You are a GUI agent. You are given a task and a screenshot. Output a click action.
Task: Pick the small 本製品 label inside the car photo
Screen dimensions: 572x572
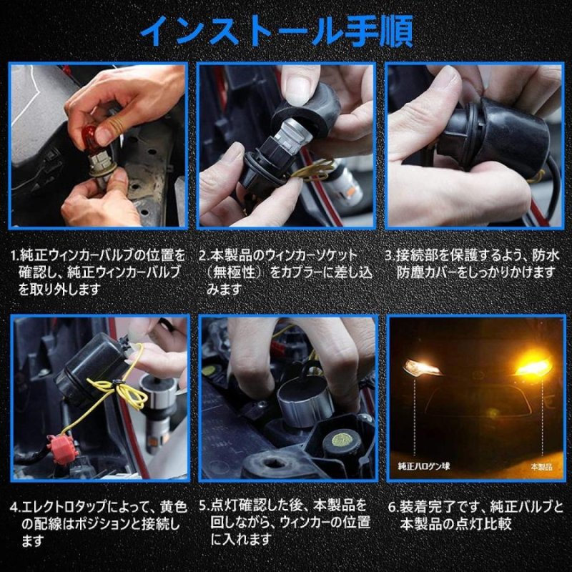(541, 466)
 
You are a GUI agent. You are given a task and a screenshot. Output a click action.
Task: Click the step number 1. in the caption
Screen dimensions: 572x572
(14, 255)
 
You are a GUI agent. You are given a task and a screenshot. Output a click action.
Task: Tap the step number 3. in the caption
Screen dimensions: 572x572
(389, 255)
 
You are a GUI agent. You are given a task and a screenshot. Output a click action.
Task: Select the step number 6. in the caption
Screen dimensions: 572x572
(393, 507)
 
